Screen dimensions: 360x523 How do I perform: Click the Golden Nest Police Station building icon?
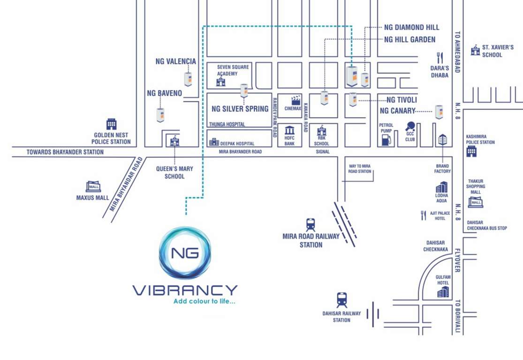(x=111, y=124)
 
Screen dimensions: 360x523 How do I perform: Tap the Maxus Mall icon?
(x=92, y=186)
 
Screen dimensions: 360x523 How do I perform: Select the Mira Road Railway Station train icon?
(x=311, y=225)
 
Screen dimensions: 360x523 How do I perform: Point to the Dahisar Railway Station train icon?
(x=341, y=300)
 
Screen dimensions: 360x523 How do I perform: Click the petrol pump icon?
(x=386, y=139)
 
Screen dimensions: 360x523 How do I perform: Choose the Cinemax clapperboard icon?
(x=296, y=100)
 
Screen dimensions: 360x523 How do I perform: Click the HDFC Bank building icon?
(x=289, y=130)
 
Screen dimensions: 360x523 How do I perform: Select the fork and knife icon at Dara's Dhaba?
(x=440, y=58)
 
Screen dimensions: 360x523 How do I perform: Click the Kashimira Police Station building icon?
(x=471, y=151)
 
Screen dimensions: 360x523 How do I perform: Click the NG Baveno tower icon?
(x=160, y=115)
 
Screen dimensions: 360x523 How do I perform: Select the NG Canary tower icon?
(x=439, y=112)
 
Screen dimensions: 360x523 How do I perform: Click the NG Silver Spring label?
(x=240, y=109)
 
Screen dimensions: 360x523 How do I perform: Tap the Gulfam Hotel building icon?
(x=443, y=292)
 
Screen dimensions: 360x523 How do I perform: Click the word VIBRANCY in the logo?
(x=185, y=290)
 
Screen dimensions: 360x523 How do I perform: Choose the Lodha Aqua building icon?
(x=441, y=187)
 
